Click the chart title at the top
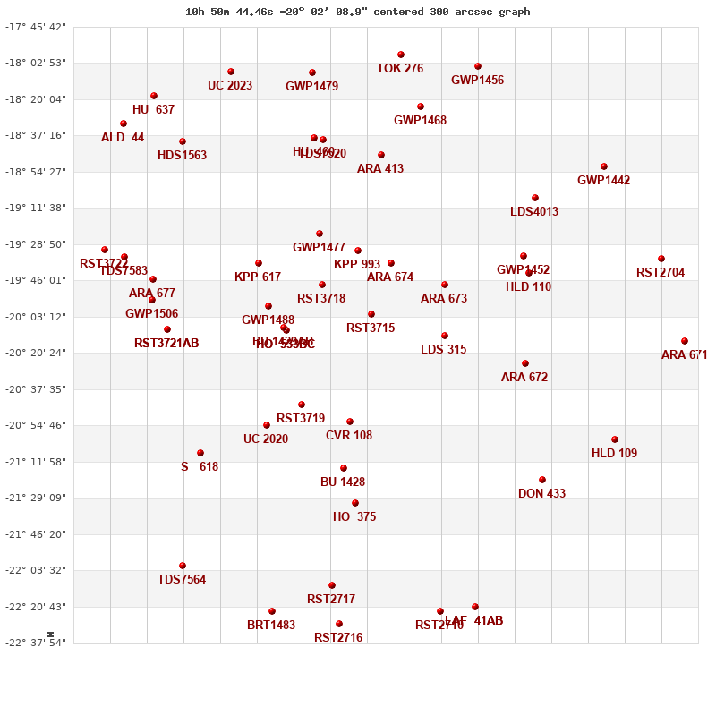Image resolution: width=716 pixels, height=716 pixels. coord(357,12)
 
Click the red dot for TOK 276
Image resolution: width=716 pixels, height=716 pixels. coord(401,55)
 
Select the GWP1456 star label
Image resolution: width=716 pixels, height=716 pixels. coord(477,81)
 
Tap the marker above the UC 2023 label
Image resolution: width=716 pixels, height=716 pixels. coord(231,72)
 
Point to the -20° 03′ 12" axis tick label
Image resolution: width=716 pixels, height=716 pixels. coord(37,317)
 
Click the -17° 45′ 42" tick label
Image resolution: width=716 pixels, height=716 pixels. coord(37,27)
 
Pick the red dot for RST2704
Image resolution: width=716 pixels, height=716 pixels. coord(661,259)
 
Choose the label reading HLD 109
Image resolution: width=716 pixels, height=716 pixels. coord(614,454)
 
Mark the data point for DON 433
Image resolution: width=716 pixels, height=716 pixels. coord(542,480)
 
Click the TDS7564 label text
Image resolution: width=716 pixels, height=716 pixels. coord(182,580)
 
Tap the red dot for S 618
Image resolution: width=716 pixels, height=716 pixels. coord(200,453)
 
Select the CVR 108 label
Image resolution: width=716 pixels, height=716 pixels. coord(349,436)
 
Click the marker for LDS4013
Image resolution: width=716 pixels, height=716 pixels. coord(535,198)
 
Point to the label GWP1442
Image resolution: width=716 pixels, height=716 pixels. coord(603,181)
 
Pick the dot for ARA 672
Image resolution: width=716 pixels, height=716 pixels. coord(525,363)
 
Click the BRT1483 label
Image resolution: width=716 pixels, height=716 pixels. coord(271,626)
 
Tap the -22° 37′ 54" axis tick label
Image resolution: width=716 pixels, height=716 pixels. coord(37,643)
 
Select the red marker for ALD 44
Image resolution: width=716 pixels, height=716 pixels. coord(124,124)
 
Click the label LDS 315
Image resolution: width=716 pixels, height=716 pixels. coord(443,350)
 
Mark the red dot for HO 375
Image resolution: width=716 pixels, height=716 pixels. coord(355,503)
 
